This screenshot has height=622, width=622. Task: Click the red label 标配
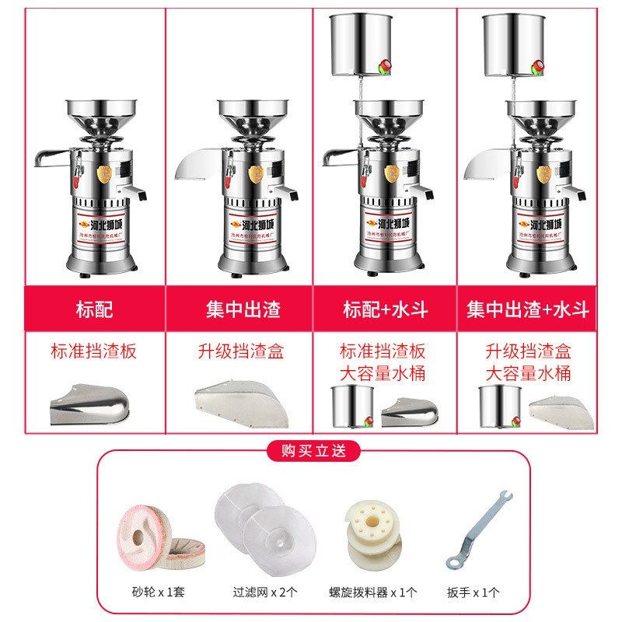click(94, 309)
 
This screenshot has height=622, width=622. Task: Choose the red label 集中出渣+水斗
click(528, 309)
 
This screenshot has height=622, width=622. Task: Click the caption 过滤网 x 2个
click(264, 592)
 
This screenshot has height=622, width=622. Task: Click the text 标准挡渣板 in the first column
click(94, 351)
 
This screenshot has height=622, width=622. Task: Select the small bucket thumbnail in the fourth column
click(498, 406)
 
